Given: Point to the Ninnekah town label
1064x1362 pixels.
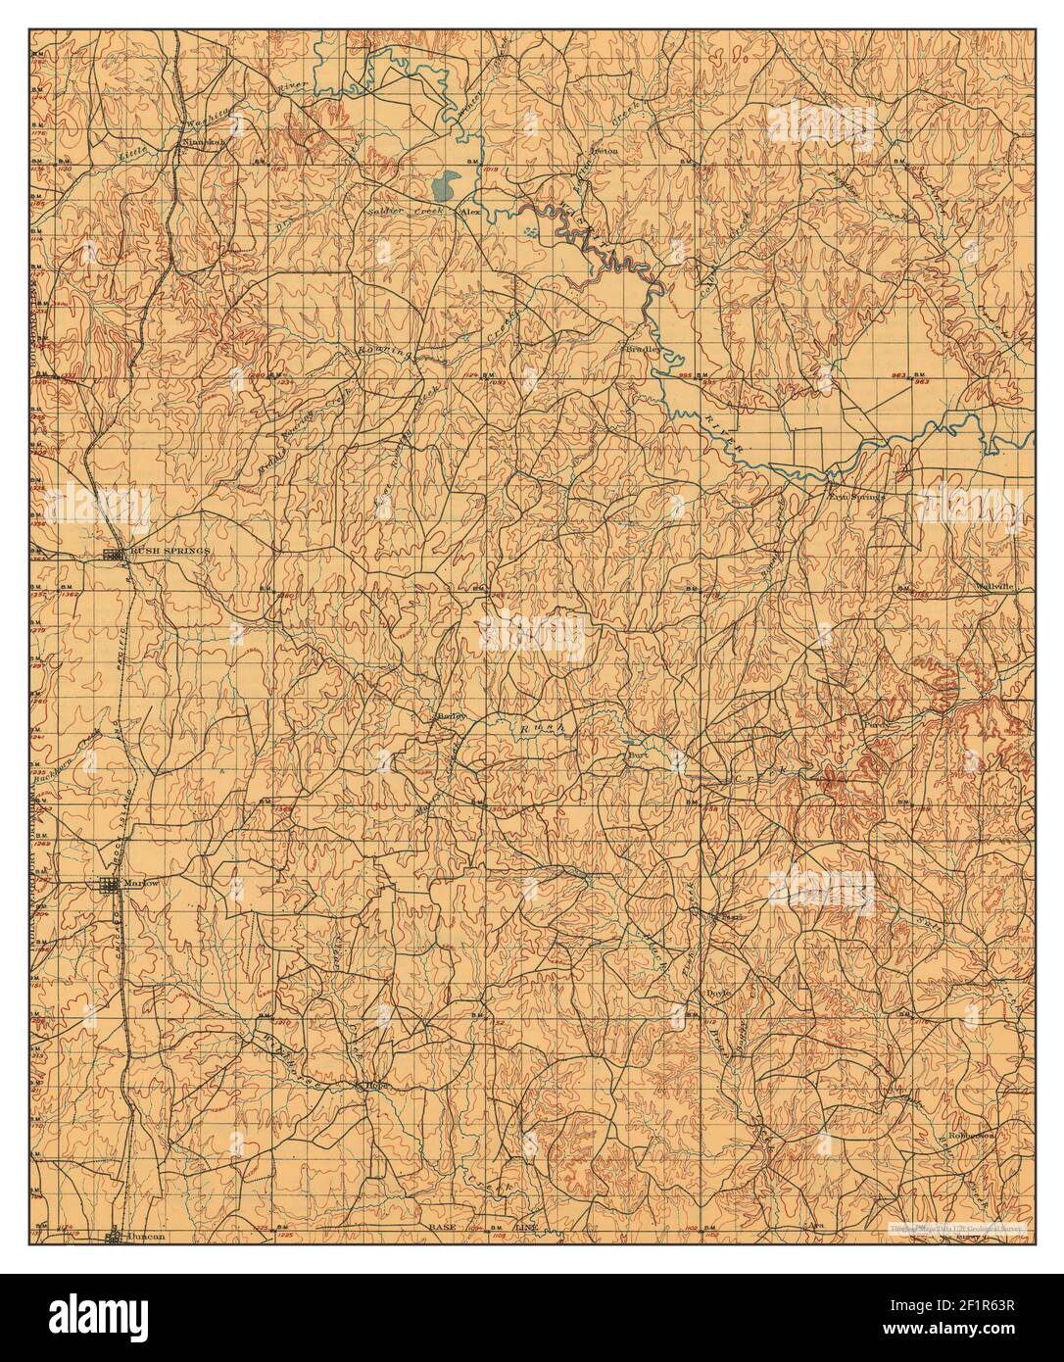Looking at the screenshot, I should click(205, 142).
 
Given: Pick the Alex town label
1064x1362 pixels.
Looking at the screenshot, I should click(472, 211).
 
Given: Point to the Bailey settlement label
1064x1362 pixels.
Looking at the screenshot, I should click(448, 716).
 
